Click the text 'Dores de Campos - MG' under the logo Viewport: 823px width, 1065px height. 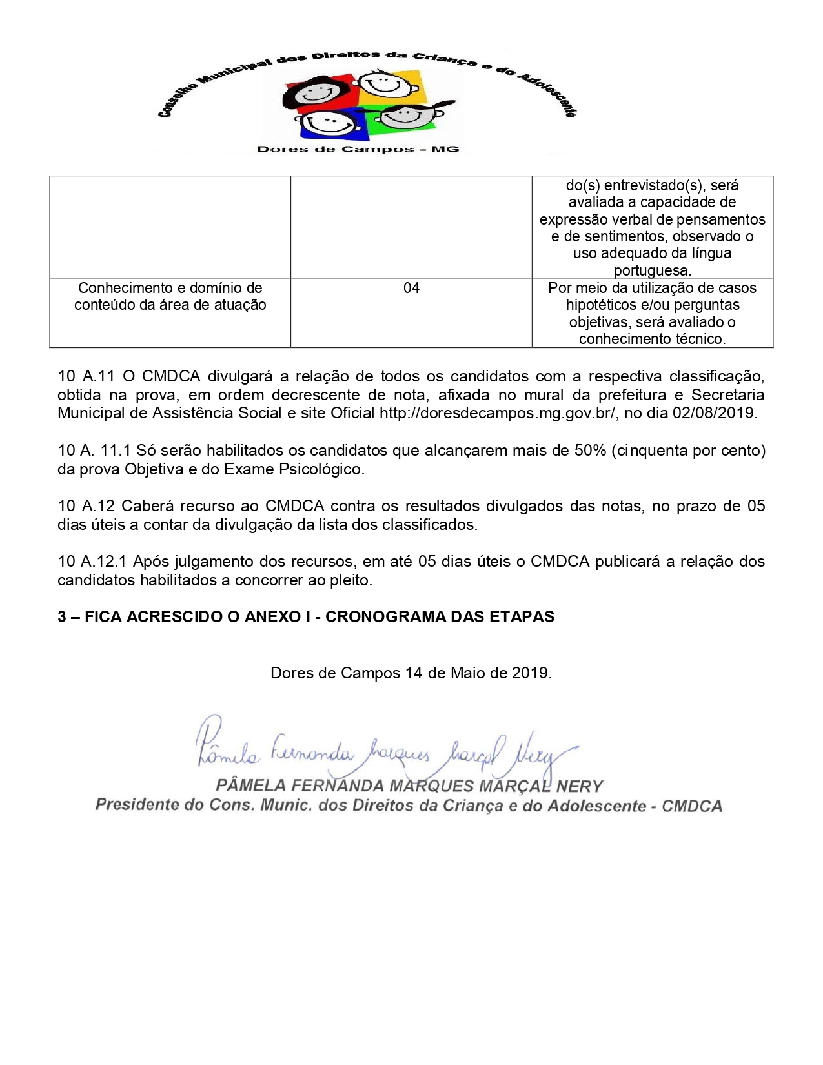[358, 149]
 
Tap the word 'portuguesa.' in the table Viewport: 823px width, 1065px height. [652, 270]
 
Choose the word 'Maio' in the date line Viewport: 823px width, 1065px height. [468, 673]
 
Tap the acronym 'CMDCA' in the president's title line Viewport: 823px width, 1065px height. [692, 806]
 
